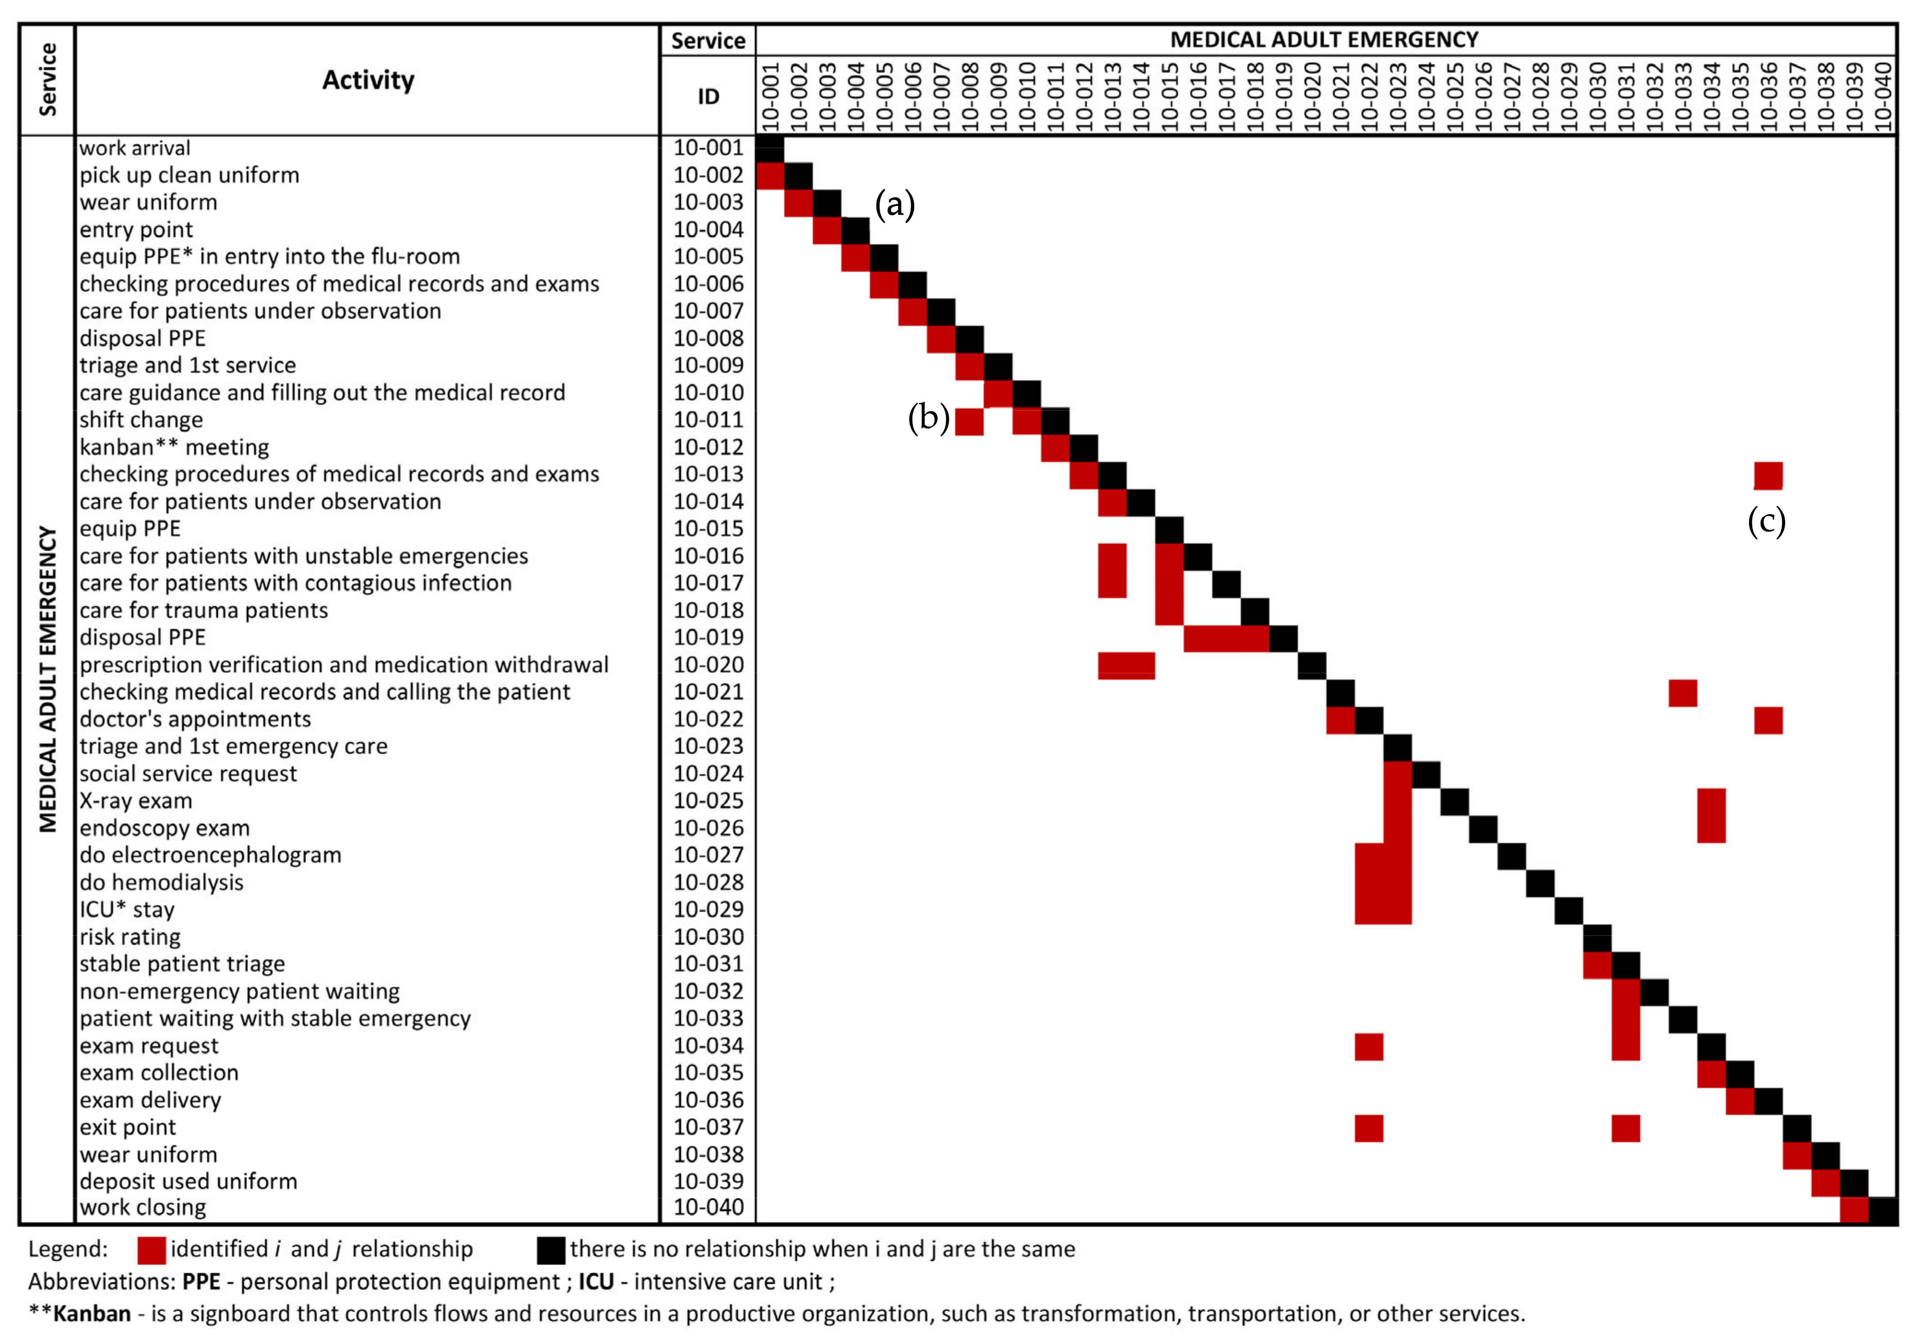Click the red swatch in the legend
coord(152,1249)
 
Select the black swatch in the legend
coord(551,1249)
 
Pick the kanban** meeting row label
coord(174,447)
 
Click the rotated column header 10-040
coord(1882,96)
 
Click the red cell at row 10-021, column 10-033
coord(1682,692)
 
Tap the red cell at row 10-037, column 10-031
coord(1625,1128)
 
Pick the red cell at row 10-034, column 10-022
coord(1369,1046)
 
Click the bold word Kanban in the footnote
coord(92,1313)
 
